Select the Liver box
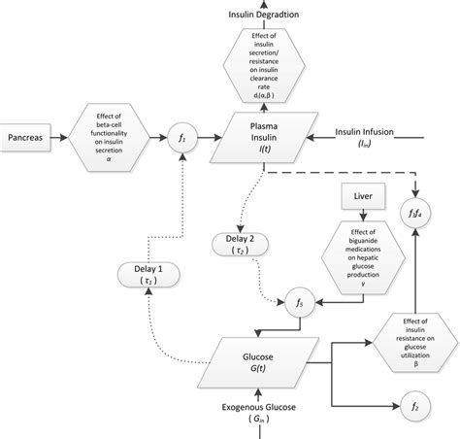(x=362, y=198)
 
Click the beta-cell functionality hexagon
(x=109, y=137)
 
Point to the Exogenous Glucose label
(x=258, y=408)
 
